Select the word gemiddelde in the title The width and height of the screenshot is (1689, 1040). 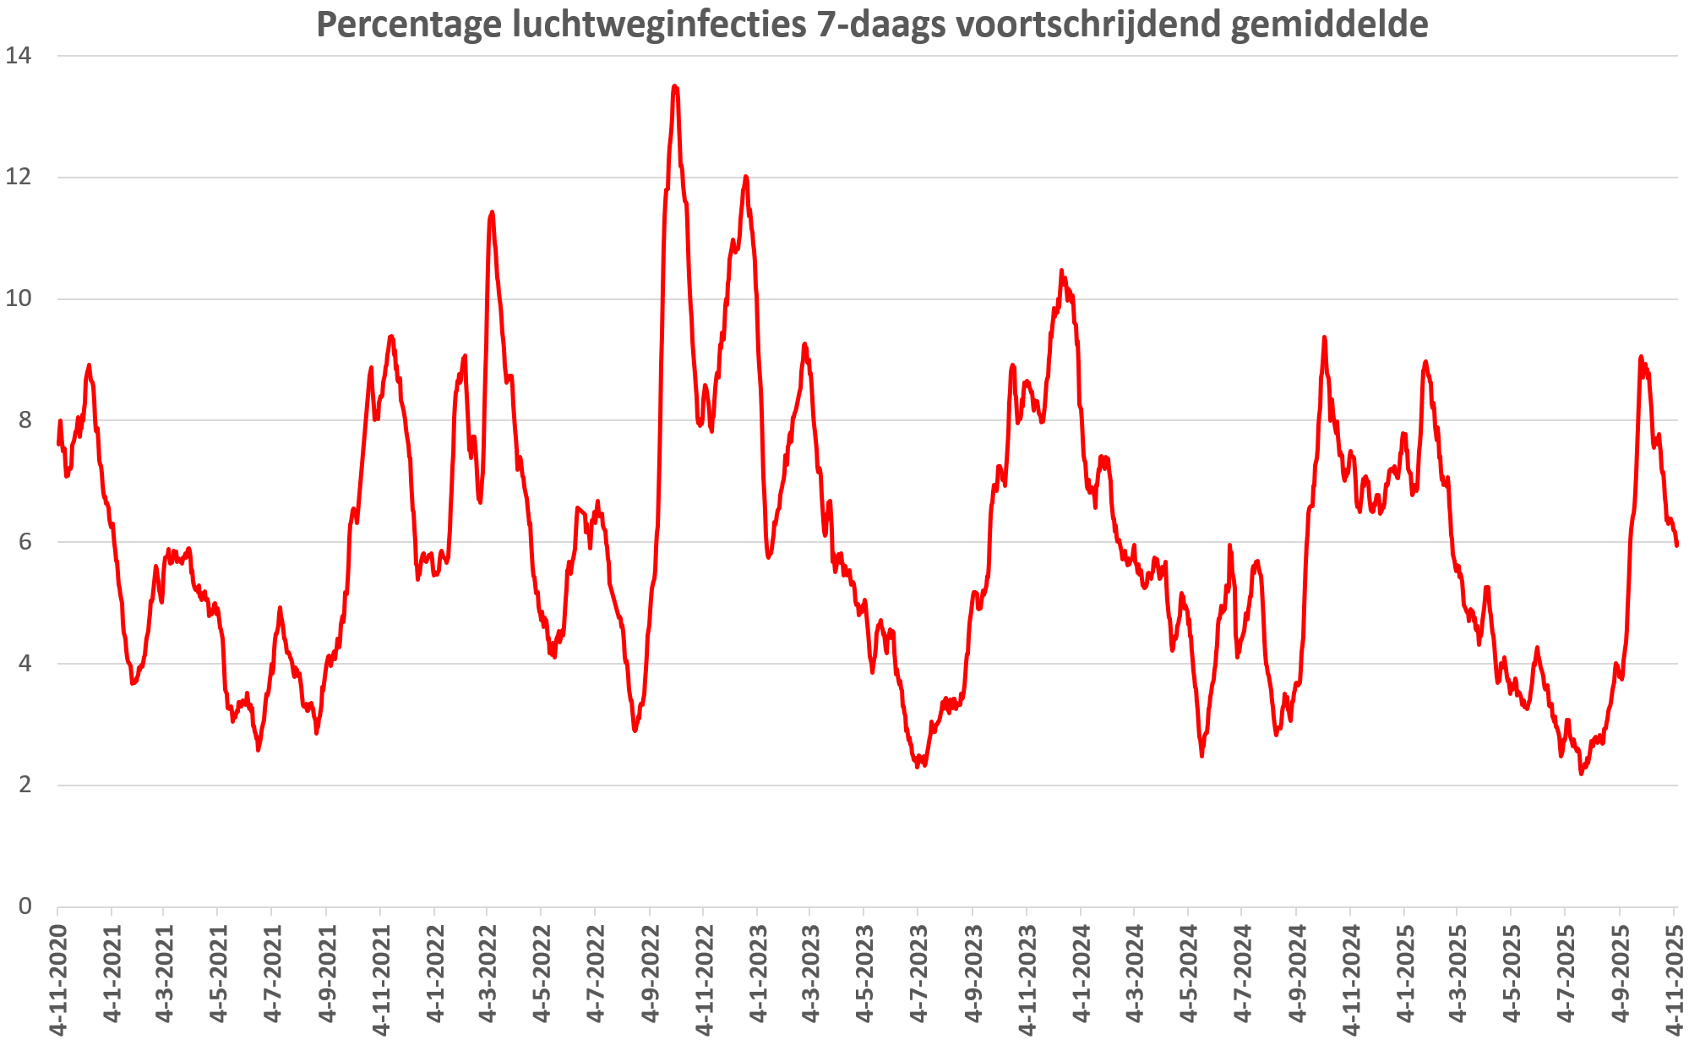point(1329,25)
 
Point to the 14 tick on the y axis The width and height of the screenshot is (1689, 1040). point(19,56)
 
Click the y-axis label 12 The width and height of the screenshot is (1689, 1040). point(19,177)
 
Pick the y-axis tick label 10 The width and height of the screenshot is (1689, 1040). point(19,298)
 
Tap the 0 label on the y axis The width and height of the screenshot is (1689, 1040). point(25,906)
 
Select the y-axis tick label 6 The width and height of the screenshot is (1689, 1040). point(25,542)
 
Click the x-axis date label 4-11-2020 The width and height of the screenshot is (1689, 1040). point(57,977)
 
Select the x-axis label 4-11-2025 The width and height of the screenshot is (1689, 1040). point(1674,977)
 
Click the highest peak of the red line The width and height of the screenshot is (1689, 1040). point(674,85)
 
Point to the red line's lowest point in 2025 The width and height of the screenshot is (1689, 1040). point(1581,774)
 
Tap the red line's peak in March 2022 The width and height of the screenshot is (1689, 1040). point(492,212)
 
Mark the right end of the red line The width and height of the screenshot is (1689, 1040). point(1676,545)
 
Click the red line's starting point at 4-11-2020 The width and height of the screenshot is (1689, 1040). point(57,443)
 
